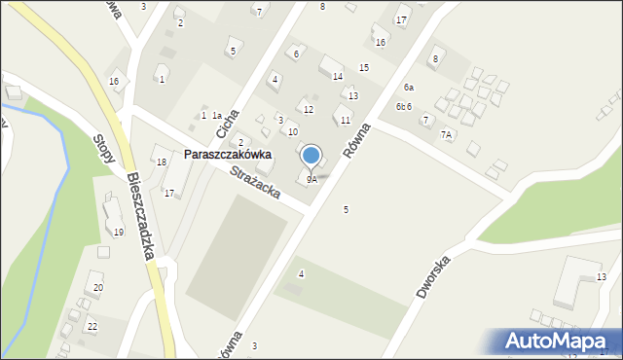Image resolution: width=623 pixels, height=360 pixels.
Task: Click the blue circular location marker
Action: pos(311,155)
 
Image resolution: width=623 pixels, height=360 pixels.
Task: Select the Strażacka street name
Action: pos(256,182)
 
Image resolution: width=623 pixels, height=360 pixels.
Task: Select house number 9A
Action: pos(311,179)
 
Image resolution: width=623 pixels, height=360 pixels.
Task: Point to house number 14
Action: pos(337,76)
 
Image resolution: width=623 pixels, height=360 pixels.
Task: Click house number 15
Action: pos(363,67)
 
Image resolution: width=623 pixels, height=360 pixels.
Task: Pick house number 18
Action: pos(162,162)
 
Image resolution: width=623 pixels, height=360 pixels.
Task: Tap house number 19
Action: pos(119,232)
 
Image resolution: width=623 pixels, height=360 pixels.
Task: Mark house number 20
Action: pos(98,287)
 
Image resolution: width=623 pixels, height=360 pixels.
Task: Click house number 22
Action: pos(92,326)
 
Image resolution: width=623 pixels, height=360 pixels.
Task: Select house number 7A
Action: pos(446,134)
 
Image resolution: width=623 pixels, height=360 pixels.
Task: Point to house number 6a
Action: pos(409,88)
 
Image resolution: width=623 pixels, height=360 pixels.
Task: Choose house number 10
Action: pos(292,131)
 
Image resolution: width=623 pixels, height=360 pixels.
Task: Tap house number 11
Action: pos(346,120)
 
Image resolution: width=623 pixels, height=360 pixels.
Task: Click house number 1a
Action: pos(217,116)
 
